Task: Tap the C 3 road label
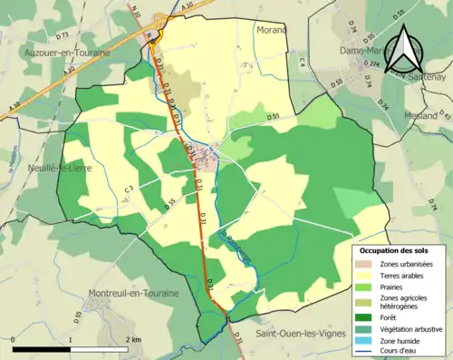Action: [x=129, y=189]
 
